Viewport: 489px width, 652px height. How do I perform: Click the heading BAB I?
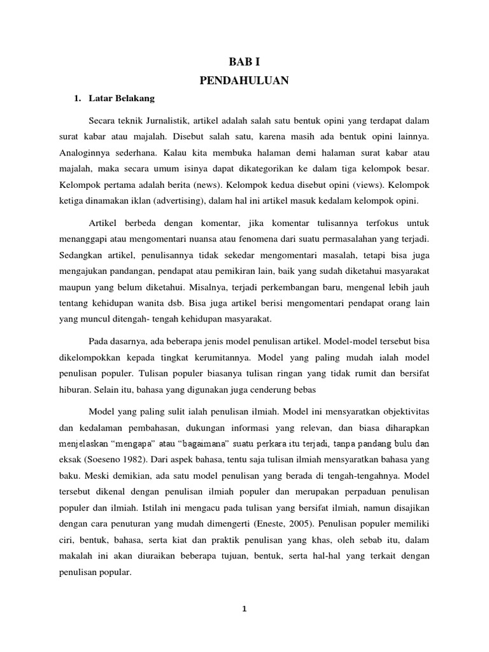tap(244, 62)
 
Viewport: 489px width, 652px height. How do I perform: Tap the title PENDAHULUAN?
tap(244, 80)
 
